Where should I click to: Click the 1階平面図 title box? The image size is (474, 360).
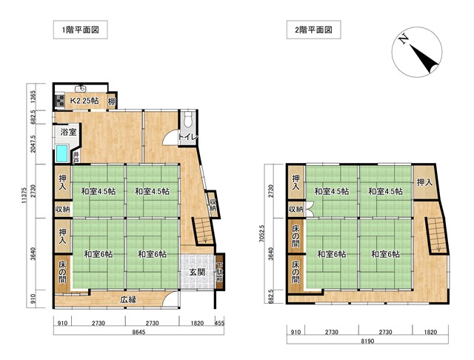tap(81, 30)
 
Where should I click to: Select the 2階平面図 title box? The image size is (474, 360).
tap(314, 30)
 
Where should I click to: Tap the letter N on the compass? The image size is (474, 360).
tap(403, 39)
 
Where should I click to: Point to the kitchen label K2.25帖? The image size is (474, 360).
tap(84, 101)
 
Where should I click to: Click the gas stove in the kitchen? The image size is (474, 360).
tap(59, 101)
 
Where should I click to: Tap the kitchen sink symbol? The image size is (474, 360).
tap(81, 89)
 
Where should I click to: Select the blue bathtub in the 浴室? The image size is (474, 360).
tap(62, 153)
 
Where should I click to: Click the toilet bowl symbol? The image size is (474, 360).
tap(188, 117)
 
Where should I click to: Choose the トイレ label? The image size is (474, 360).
tap(187, 137)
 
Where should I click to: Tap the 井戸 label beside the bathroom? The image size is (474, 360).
tap(76, 157)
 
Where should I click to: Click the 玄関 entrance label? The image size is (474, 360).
tap(197, 273)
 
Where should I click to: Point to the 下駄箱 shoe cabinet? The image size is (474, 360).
tap(219, 273)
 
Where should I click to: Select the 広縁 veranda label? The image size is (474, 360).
tap(128, 300)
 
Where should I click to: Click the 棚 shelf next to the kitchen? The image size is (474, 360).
tap(112, 101)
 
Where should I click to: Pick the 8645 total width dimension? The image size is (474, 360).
tap(139, 332)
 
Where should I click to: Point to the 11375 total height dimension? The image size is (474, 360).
tap(24, 196)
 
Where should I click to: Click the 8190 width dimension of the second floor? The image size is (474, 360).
tap(367, 341)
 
